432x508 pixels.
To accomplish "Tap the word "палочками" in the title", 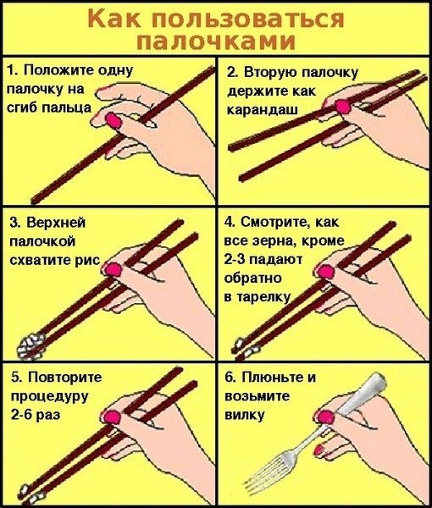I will pos(216,41).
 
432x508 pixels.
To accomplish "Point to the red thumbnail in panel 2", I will pos(342,105).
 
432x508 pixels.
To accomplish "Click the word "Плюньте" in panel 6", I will pos(270,378).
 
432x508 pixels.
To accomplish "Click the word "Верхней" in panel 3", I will pos(58,224).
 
